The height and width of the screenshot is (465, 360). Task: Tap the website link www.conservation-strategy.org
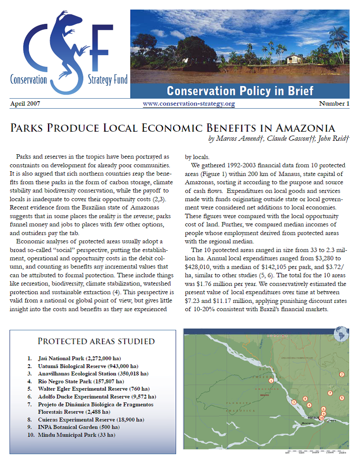189,104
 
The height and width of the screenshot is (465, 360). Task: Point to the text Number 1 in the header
334,104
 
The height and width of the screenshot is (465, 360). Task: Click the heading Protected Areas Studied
96,341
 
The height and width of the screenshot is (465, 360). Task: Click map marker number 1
271,380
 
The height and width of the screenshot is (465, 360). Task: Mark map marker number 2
342,374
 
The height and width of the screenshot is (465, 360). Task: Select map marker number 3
294,402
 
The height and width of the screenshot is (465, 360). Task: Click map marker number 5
342,398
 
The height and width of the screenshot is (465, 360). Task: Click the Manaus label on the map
310,418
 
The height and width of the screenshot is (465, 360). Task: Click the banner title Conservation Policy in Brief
240,91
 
